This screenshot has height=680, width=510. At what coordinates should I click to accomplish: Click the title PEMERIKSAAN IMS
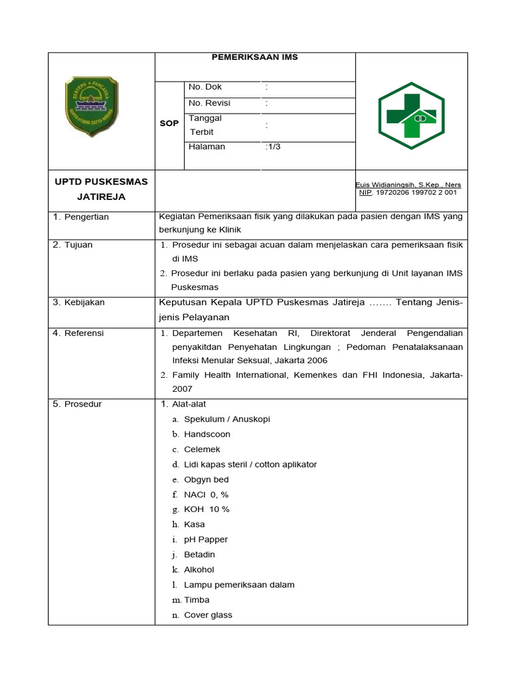tap(255, 57)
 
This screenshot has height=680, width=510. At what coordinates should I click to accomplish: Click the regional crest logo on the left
tap(91, 107)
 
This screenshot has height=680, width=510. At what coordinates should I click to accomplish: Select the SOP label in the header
tap(169, 124)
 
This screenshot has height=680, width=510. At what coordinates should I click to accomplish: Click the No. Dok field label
tap(205, 87)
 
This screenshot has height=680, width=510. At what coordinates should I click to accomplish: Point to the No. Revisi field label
tap(210, 103)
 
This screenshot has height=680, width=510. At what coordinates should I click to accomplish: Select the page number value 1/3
tap(273, 147)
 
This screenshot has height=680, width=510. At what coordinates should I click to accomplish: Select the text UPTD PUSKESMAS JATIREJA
tap(101, 189)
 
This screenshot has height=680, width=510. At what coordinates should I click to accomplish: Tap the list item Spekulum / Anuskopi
tap(227, 419)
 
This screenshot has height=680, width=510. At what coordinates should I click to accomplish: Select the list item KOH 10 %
tap(207, 509)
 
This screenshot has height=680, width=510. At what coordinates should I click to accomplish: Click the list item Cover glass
tap(208, 615)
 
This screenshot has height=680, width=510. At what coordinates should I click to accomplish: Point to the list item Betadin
tap(199, 554)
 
